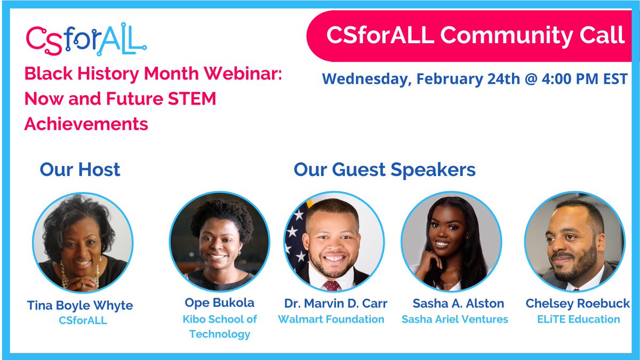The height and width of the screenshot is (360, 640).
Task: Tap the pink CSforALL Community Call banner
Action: pyautogui.click(x=475, y=35)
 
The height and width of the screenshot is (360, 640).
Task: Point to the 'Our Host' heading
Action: pyautogui.click(x=80, y=170)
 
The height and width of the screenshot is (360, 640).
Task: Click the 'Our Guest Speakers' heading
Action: pyautogui.click(x=384, y=170)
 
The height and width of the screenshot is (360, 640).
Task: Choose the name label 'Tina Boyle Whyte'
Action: pyautogui.click(x=80, y=306)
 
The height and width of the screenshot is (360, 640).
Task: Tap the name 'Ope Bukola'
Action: pyautogui.click(x=219, y=303)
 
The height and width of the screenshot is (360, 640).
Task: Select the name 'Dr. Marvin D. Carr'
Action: pyautogui.click(x=335, y=303)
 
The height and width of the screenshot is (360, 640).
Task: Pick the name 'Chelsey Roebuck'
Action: pyautogui.click(x=578, y=303)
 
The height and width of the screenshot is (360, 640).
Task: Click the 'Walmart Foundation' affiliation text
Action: pyautogui.click(x=331, y=319)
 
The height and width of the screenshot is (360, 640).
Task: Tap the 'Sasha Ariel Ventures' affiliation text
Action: pyautogui.click(x=454, y=319)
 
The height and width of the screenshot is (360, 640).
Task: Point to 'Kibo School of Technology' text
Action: pyautogui.click(x=219, y=327)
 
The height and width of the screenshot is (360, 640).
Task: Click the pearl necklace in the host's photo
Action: pyautogui.click(x=67, y=275)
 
